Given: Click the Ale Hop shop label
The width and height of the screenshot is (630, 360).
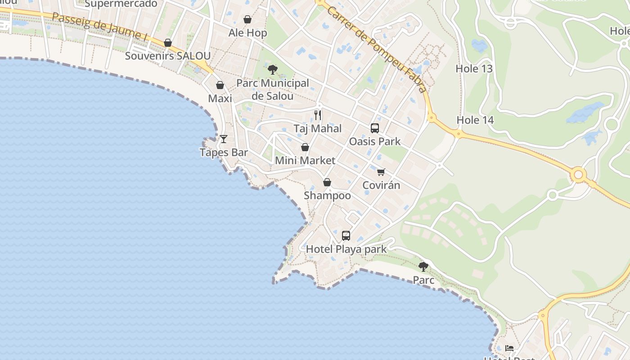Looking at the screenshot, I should coord(247,33).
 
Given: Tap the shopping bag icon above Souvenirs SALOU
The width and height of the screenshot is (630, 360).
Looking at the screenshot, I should coord(168,43).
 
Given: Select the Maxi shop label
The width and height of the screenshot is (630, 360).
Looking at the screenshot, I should coord(220,99).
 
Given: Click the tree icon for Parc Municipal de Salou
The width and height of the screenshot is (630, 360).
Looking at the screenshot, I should coord(272,69).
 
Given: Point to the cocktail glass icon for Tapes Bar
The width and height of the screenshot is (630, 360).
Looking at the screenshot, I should coord(224,139).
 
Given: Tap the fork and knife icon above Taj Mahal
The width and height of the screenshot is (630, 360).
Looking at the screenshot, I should coord(318,115).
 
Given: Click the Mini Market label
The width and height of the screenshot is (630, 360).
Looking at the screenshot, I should coord(305,161).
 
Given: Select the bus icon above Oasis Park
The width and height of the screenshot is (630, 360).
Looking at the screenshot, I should coord(375,128).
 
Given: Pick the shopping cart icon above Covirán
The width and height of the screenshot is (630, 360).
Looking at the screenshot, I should coord(381,171).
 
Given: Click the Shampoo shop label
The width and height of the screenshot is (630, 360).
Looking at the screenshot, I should coord(327,196).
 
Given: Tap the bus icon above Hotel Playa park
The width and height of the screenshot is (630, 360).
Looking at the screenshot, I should coord(346,235).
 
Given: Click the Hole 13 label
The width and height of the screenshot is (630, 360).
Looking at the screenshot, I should coord(474,69).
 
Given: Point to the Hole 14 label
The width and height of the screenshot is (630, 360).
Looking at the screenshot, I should coord(475,120).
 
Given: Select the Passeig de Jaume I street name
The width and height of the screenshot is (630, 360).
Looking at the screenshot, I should coord(100,27).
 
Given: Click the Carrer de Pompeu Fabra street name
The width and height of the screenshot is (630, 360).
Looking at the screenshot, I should coord(377,49).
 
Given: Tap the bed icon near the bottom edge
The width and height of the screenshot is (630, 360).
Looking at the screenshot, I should coord(509,348).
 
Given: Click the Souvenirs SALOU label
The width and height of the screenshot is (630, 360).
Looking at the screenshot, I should coord(168,56).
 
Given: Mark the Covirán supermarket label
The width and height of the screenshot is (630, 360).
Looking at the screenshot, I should coord(381,185).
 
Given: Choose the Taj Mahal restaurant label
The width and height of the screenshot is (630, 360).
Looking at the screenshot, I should coord(318,129).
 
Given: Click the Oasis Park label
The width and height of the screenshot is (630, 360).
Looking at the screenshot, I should coord(375,142).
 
